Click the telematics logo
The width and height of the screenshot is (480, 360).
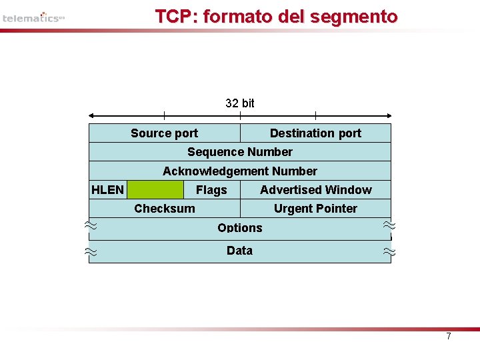tap(33, 18)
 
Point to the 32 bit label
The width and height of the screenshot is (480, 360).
tap(240, 103)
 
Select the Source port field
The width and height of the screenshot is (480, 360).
tap(164, 133)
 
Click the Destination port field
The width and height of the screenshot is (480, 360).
tap(315, 133)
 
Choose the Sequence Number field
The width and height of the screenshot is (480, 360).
tap(240, 152)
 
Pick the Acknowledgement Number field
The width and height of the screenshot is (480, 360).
tap(240, 171)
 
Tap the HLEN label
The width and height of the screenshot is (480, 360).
tap(107, 190)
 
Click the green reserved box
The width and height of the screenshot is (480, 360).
tap(155, 190)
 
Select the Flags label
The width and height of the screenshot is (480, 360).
tap(211, 190)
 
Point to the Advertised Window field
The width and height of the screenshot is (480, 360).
tap(316, 190)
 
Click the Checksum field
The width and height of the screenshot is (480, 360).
tap(165, 209)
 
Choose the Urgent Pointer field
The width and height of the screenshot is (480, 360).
tap(315, 209)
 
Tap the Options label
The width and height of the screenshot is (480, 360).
tap(240, 228)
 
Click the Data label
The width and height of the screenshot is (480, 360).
tap(239, 251)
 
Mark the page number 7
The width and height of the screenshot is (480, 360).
tap(449, 337)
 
